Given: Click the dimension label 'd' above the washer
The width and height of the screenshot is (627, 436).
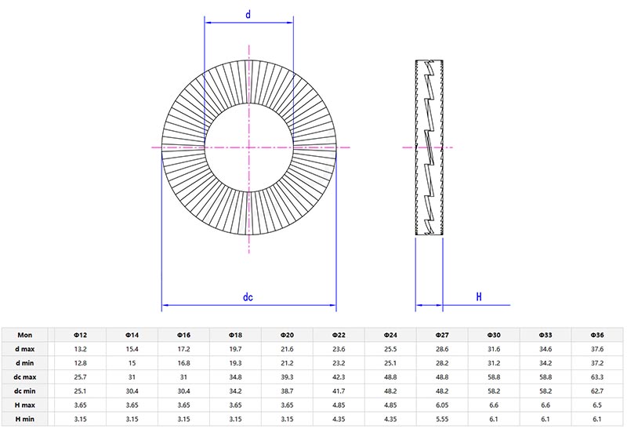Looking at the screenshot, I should point(248,14).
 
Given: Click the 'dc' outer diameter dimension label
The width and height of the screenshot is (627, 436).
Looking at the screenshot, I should point(248,297).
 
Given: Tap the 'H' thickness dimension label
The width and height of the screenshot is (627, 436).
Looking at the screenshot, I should point(478,297).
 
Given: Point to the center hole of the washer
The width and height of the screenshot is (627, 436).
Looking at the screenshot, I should point(248,147).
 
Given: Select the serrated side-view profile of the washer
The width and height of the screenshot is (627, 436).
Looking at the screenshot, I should point(429,147).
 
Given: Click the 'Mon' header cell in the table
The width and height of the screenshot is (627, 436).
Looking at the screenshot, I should point(25,333).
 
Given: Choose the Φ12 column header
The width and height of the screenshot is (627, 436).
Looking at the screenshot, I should point(80,333).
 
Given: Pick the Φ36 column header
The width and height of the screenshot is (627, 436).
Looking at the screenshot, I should point(597,333).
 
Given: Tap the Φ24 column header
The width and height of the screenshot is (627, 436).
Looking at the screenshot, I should point(390,333).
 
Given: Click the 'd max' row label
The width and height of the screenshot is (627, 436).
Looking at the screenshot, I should point(25,347).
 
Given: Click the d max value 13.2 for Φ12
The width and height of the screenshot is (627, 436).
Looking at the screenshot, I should point(80,347).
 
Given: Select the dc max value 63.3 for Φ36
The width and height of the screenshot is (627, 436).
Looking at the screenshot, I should point(597,376).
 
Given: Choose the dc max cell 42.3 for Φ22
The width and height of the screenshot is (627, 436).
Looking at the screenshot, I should point(339,376).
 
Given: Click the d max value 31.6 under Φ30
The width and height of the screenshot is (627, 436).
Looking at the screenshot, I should point(494,347).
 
